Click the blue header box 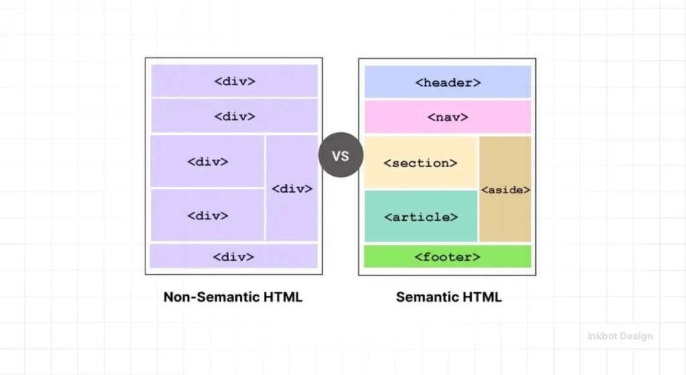pos(448,82)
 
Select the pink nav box pos(448,117)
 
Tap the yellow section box pos(421,162)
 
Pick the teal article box pos(421,216)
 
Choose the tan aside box pos(505,189)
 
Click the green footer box pos(448,256)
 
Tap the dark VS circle pos(340,156)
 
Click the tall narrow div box pos(292,188)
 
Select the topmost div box pos(234,81)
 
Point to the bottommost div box pos(234,256)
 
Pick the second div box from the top pos(234,116)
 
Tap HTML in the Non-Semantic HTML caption pos(284,297)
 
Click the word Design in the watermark pos(637,336)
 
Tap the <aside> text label pos(505,190)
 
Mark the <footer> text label pos(448,257)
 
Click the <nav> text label pos(448,117)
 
